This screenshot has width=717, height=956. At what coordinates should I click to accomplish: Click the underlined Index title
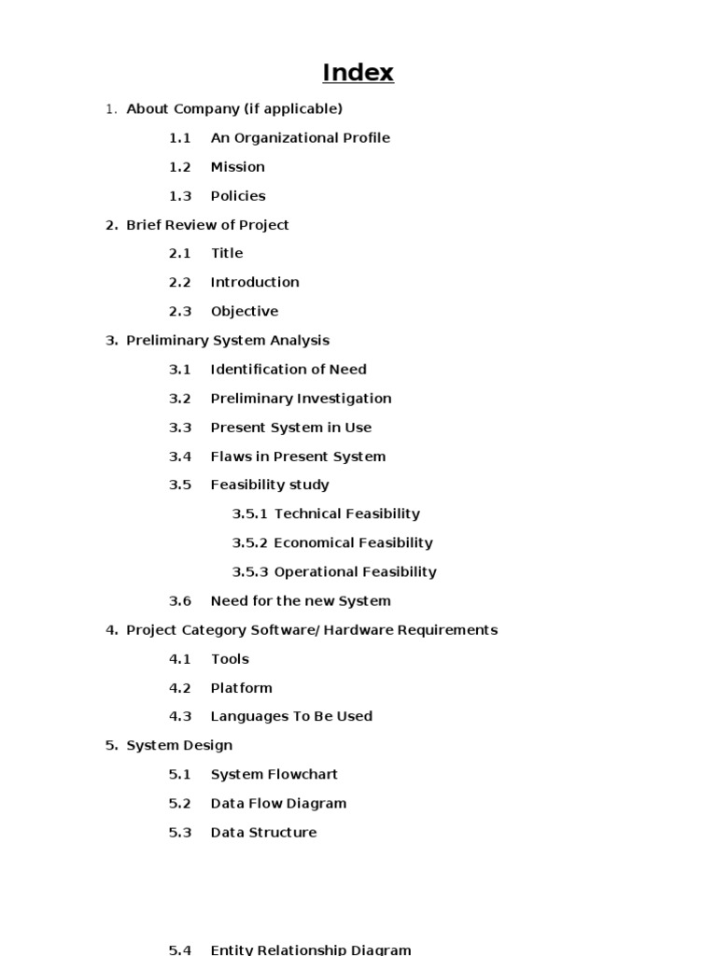coord(358,73)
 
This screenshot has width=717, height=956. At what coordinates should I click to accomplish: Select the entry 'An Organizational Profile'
coord(300,138)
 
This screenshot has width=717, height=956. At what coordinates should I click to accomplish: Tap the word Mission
coord(237,167)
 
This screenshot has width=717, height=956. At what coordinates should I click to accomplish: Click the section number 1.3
coord(179,196)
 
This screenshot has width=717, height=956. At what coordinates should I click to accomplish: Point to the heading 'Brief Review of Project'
coord(207,225)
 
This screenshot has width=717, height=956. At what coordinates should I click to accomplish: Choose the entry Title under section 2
coord(226,253)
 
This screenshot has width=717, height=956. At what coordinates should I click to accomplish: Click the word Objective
coord(244,312)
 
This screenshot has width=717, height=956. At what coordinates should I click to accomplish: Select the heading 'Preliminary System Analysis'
coord(227,341)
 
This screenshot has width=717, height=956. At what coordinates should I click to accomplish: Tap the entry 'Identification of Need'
coord(288,370)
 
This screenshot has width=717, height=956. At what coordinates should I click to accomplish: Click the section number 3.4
coord(179,457)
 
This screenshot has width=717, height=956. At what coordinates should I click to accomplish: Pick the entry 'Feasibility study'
coord(269,485)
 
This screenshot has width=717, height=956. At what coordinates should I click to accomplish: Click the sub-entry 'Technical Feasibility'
coord(346,513)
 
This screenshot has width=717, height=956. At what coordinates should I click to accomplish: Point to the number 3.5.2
coord(249,542)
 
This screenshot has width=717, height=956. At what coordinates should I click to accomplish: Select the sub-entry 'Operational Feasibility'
coord(355,571)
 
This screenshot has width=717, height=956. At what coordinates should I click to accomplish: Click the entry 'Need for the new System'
coord(300,601)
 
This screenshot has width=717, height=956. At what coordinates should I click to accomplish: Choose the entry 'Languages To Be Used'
coord(291,716)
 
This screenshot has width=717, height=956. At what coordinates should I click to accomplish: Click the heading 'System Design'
coord(179,745)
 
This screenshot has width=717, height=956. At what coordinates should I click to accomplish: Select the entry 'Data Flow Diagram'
coord(278,803)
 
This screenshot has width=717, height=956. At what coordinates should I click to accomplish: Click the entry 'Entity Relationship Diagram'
coord(310,949)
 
